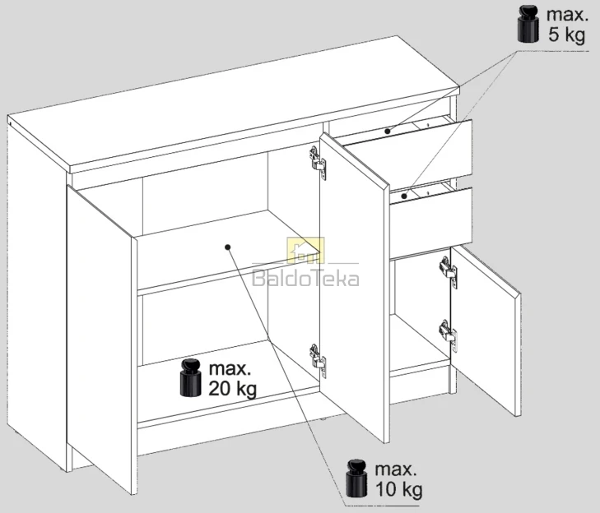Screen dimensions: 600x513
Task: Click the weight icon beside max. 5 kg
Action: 528,24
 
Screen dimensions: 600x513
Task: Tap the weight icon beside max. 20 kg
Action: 191,377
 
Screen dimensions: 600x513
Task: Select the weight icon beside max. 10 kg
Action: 356,478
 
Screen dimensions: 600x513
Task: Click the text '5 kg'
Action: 567,35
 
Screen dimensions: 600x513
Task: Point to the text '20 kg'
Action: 232,389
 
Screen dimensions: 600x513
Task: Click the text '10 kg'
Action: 398,489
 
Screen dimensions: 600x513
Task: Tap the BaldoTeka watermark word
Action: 305,279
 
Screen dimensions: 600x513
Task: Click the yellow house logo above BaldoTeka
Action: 305,251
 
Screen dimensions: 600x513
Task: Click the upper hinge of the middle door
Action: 318,163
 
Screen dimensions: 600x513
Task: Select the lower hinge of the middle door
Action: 318,360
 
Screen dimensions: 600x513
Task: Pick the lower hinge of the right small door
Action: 448,335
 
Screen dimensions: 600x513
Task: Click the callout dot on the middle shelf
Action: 228,247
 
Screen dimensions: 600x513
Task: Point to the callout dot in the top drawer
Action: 388,131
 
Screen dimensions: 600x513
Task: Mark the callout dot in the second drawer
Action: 404,196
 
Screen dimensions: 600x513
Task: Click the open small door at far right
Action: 486,330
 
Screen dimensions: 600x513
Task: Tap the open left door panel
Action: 102,336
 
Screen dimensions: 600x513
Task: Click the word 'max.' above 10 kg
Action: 396,469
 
